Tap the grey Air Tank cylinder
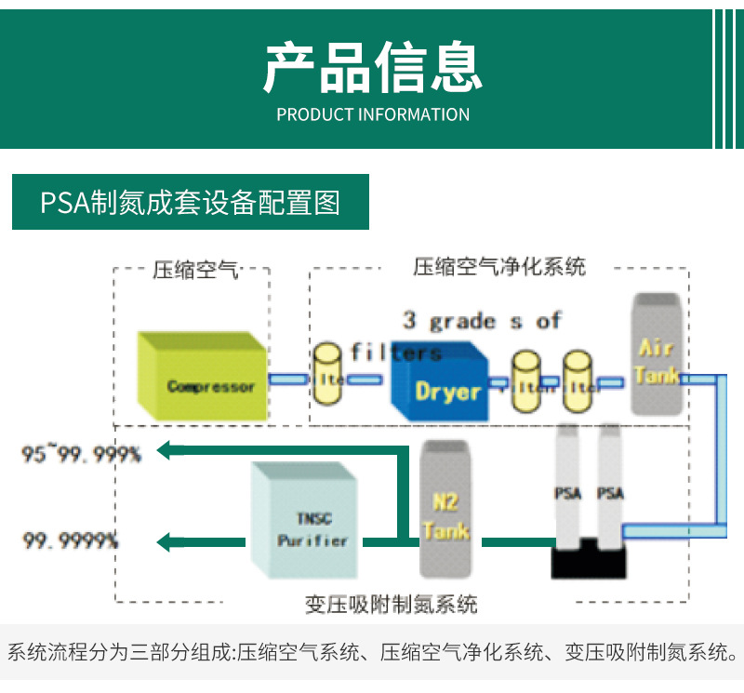tap(656, 356)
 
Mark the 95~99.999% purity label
tap(82, 454)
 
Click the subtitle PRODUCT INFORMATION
tap(373, 114)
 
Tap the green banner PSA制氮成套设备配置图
tap(191, 202)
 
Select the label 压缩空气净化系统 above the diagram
tap(499, 267)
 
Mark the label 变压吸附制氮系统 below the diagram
tap(392, 604)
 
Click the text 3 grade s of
tap(482, 321)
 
